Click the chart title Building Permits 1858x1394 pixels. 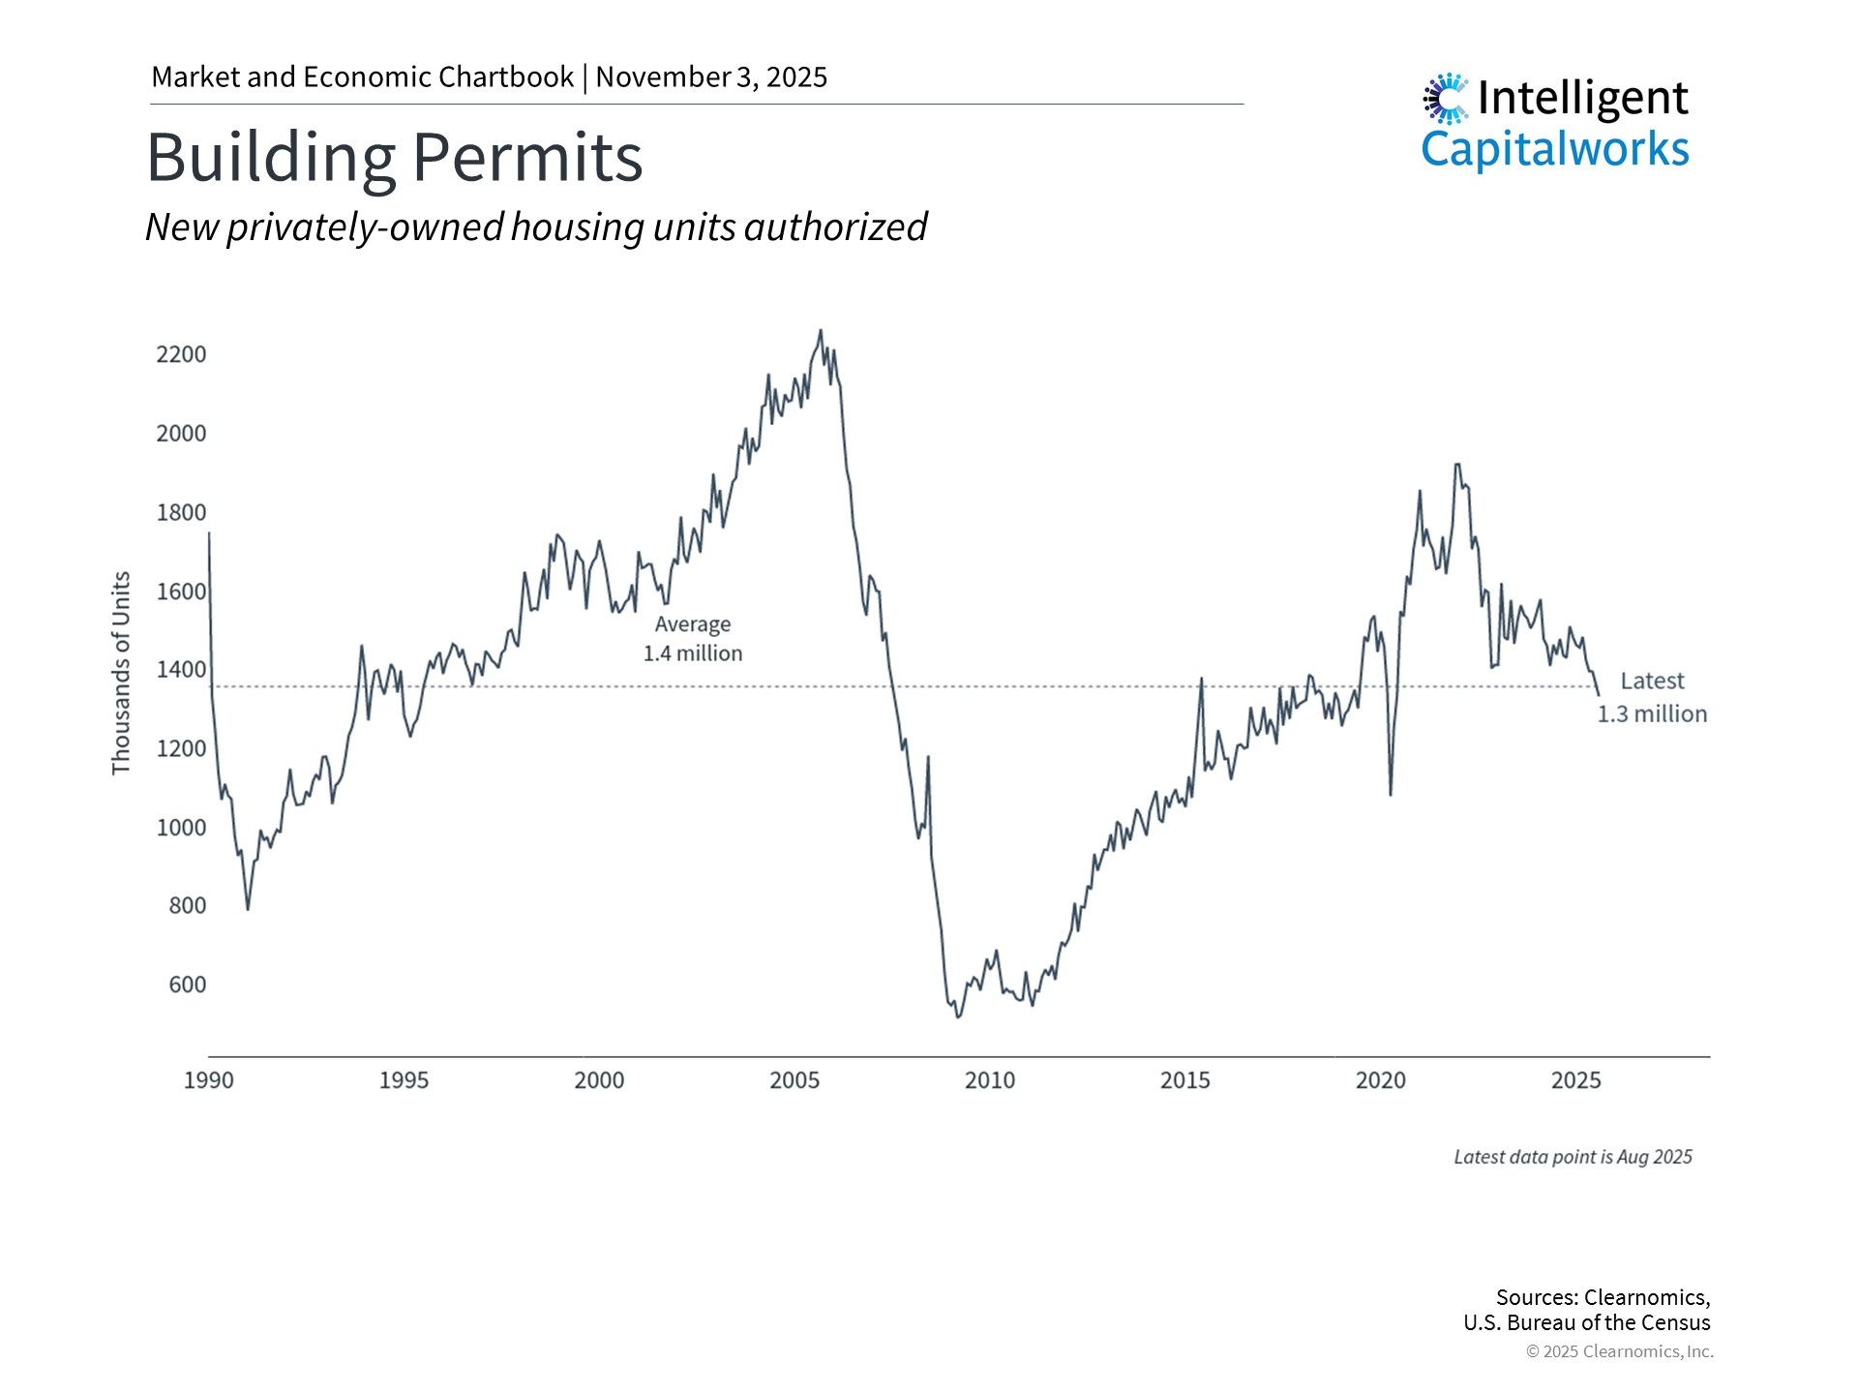click(x=394, y=157)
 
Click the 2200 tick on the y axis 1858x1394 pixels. click(x=181, y=354)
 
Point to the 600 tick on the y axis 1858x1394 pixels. click(x=187, y=985)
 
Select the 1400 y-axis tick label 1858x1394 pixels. click(x=181, y=669)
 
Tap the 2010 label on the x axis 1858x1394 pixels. click(x=989, y=1080)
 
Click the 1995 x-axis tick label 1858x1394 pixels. click(x=404, y=1080)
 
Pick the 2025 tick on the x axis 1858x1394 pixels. click(x=1575, y=1080)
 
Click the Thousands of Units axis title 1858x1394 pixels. click(x=121, y=673)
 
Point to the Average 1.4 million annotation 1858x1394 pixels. click(x=693, y=639)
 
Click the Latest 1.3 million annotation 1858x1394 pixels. click(x=1652, y=697)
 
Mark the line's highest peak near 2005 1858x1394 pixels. click(x=821, y=331)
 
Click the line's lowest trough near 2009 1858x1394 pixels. click(x=958, y=1016)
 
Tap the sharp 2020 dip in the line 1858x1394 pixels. click(x=1391, y=794)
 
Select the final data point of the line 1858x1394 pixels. click(x=1599, y=694)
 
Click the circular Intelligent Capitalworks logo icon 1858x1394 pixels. click(x=1446, y=98)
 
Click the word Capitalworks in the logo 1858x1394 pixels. click(x=1554, y=150)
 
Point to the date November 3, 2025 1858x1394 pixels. click(x=711, y=77)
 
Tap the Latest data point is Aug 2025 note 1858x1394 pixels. click(x=1573, y=1157)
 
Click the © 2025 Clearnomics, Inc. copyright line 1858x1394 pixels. click(x=1619, y=1351)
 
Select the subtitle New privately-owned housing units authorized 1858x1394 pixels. click(x=536, y=227)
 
